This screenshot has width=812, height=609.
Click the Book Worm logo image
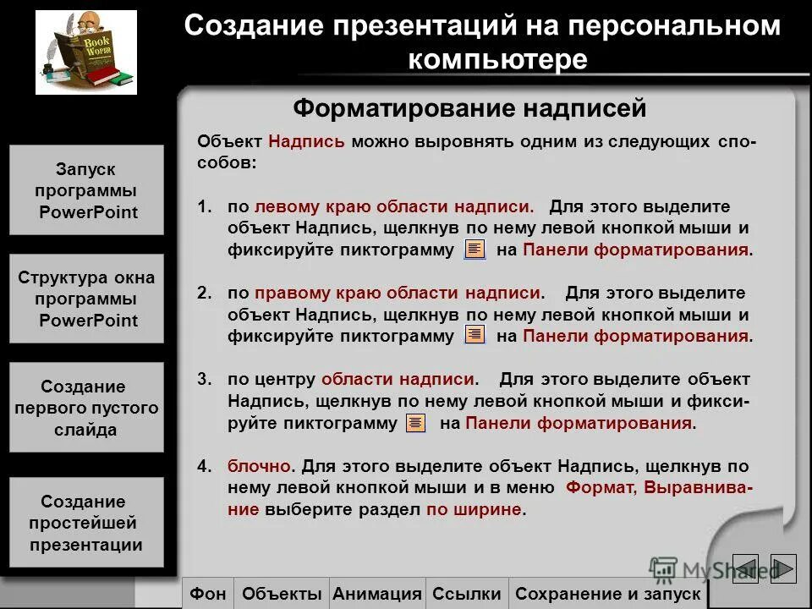[x=86, y=52]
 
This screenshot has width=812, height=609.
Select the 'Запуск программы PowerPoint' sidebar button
[x=86, y=190]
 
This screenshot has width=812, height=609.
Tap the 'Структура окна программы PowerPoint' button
[x=86, y=299]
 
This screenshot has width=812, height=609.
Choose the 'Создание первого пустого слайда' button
[x=86, y=408]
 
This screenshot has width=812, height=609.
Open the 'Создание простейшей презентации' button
[x=86, y=523]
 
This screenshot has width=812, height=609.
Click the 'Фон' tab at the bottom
[x=208, y=594]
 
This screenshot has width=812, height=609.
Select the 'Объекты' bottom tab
[x=282, y=594]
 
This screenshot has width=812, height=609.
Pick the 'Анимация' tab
[x=377, y=594]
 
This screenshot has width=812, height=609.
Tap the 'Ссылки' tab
[x=467, y=594]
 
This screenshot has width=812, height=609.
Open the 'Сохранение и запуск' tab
[x=607, y=594]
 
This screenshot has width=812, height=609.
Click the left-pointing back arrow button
[x=745, y=568]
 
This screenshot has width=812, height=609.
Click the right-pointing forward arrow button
[x=783, y=568]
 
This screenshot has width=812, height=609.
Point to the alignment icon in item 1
[x=475, y=250]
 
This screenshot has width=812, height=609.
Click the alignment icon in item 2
[x=475, y=336]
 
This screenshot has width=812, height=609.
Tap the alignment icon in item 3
[x=415, y=424]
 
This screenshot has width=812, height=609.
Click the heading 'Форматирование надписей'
[x=469, y=108]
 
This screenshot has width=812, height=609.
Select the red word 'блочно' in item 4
[x=260, y=466]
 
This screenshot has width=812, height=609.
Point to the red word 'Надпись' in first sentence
[x=306, y=141]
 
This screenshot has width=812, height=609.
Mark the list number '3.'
[x=205, y=380]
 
